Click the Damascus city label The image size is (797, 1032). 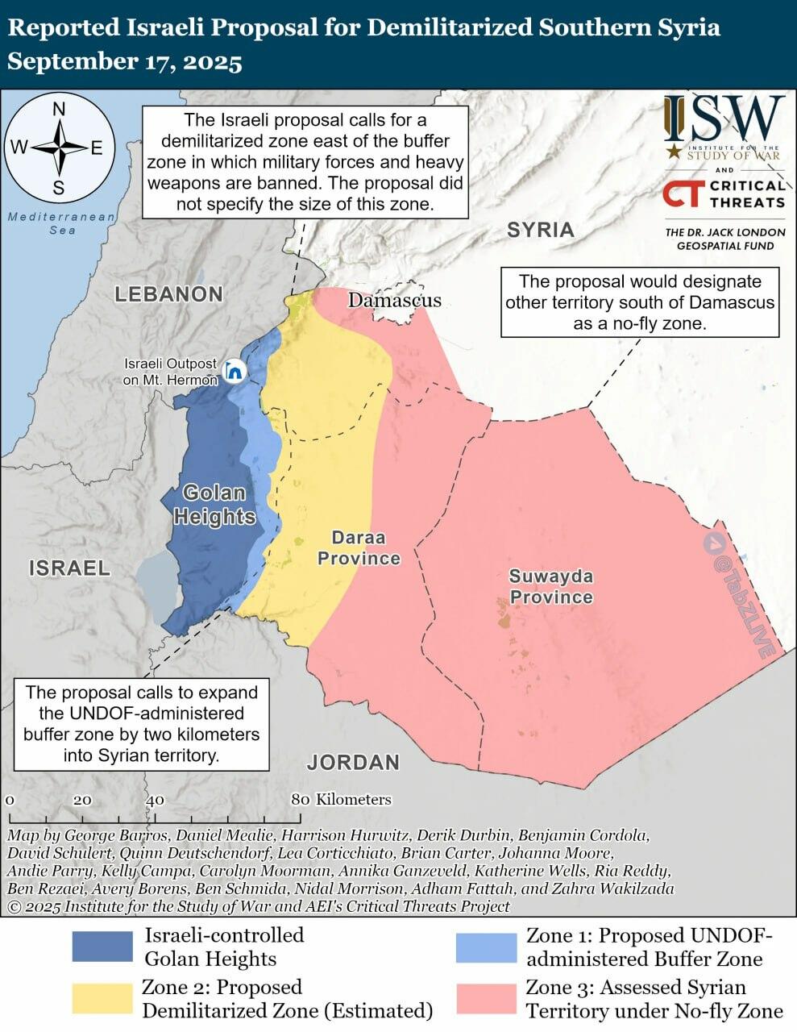(x=394, y=301)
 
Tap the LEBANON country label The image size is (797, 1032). (x=168, y=294)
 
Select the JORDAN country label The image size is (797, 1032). (x=353, y=762)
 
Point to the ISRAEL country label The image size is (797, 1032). (x=69, y=568)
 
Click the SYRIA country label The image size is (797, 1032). (x=540, y=230)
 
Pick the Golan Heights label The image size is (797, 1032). (x=214, y=505)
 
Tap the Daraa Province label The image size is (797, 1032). (x=359, y=548)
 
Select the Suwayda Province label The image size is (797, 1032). (x=551, y=587)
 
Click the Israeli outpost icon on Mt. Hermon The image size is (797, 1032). (x=235, y=371)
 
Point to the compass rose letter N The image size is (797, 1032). (x=59, y=110)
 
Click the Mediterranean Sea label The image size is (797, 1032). (x=61, y=223)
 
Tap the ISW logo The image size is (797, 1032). (x=724, y=119)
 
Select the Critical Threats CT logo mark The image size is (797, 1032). (x=682, y=194)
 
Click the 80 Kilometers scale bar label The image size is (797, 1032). (x=342, y=800)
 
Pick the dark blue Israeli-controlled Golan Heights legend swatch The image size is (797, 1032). (x=102, y=947)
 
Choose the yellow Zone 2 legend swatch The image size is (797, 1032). (x=102, y=998)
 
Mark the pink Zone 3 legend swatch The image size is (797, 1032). (x=485, y=998)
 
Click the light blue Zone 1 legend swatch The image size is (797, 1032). (x=485, y=947)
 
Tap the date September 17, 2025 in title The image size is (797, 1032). (x=125, y=62)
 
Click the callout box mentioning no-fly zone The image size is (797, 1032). (x=640, y=302)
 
